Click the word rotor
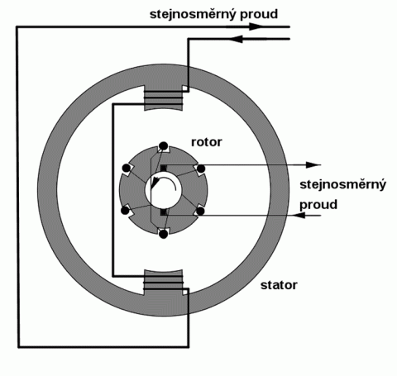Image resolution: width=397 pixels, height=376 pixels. click(207, 142)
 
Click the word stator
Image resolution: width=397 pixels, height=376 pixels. click(279, 285)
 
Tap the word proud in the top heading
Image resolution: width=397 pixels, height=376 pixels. click(259, 15)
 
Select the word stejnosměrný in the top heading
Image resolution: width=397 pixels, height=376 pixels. click(193, 15)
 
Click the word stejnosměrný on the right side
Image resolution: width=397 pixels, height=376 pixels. click(342, 184)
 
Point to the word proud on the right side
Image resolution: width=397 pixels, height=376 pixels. click(318, 205)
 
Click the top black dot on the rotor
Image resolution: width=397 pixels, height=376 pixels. click(164, 146)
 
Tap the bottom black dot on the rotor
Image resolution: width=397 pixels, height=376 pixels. click(164, 234)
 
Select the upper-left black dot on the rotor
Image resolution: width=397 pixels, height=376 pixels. click(126, 168)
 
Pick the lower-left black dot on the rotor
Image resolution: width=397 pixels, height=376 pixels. click(125, 211)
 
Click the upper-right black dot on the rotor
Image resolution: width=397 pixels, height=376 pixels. click(201, 169)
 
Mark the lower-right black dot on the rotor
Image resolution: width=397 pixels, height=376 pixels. click(200, 212)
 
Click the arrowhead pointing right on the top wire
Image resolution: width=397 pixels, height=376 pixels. click(256, 26)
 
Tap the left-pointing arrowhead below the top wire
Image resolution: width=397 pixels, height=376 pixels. click(236, 39)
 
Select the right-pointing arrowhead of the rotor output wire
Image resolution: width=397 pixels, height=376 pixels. click(313, 165)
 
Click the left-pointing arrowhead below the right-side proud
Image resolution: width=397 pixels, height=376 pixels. click(299, 215)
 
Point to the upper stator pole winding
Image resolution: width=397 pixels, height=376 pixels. click(164, 98)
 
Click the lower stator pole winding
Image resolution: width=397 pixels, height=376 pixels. click(164, 282)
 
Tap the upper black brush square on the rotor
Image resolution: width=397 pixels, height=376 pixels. click(164, 168)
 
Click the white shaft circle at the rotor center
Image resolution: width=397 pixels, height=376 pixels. click(164, 190)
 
